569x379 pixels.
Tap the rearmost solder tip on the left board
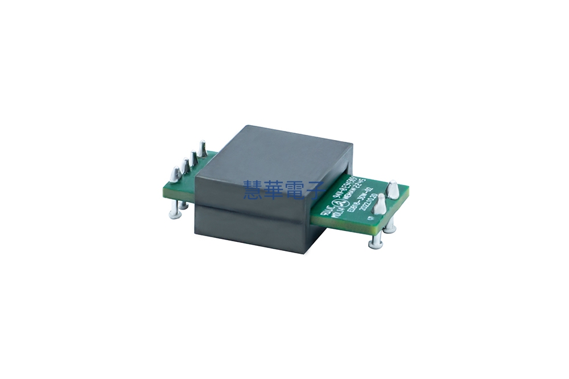(x=202, y=149)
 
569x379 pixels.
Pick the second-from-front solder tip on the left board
(x=184, y=165)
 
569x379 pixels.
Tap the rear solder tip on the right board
(x=392, y=189)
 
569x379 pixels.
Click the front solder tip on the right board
(x=380, y=204)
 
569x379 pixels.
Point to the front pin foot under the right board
(x=375, y=245)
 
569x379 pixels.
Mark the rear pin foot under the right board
(x=390, y=229)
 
